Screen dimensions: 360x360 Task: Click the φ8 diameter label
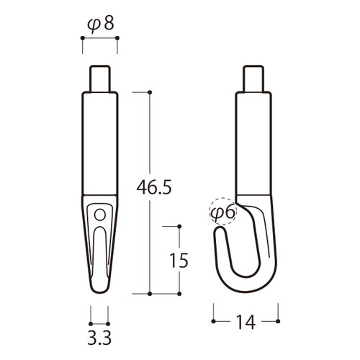[x=100, y=24]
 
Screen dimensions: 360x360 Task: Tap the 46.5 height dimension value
[x=154, y=187]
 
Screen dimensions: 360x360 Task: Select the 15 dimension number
[x=179, y=261]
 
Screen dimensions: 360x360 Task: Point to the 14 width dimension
[x=246, y=322]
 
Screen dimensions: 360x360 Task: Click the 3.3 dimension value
[x=99, y=338]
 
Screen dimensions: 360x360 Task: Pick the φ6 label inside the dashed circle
[x=223, y=212]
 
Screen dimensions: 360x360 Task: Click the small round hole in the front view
[x=100, y=215]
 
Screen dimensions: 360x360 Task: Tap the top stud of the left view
[x=100, y=78]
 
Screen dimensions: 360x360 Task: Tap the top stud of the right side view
[x=253, y=78]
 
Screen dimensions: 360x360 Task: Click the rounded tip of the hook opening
[x=220, y=230]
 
